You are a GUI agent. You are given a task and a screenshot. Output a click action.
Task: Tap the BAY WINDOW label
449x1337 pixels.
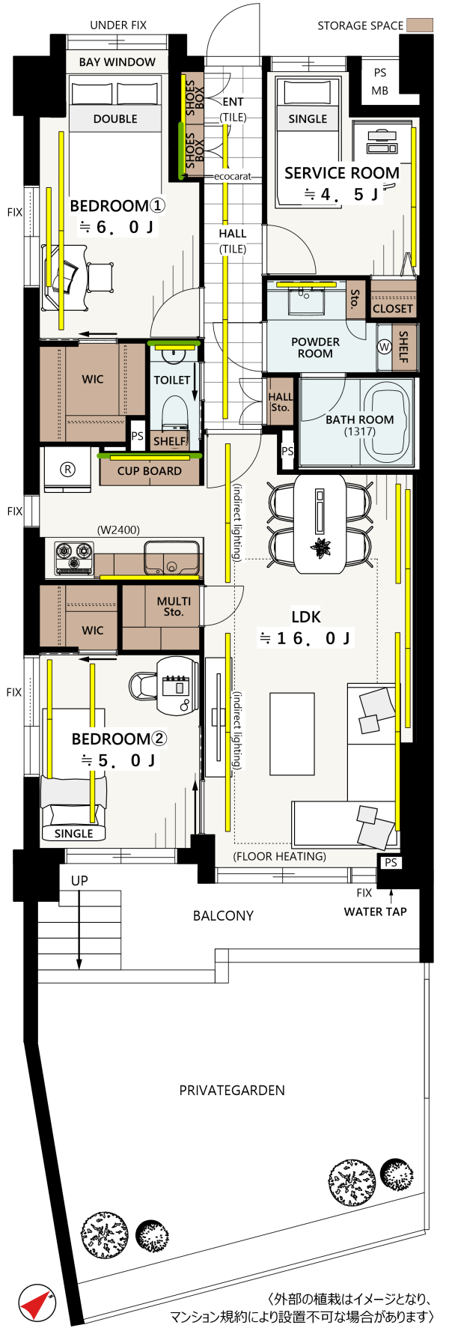pos(117,62)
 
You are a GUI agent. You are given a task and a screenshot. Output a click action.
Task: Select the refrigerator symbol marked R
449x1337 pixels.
pos(67,470)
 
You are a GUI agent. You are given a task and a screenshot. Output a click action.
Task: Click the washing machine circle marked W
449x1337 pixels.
pos(385,347)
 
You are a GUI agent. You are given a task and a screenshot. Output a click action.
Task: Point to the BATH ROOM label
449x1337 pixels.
pos(359,419)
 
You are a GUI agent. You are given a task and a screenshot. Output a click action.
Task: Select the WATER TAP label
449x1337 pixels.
pos(375,912)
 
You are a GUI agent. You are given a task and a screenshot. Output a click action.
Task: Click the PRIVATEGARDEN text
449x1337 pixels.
pos(232,1091)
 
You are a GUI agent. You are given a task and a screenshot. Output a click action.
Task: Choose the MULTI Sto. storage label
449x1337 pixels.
pos(174,606)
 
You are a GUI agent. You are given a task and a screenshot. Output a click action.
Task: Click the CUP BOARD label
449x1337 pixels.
pos(150,471)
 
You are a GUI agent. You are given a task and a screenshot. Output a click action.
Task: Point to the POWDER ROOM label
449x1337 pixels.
pos(315,348)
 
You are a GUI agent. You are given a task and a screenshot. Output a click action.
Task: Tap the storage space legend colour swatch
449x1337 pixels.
pos(420,25)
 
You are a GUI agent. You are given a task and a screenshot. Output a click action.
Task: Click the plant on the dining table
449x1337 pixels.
pos(321,548)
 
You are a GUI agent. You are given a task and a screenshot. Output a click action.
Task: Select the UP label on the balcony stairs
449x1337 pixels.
pos(79,881)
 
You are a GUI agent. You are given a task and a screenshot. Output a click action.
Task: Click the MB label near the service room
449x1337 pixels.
pos(380,91)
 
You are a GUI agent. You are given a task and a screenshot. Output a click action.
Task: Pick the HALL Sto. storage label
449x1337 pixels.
pos(281,402)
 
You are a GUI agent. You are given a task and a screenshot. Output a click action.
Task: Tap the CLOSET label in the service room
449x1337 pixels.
pos(393,309)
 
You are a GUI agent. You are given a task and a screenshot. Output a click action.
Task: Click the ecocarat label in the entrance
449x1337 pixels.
pos(233,177)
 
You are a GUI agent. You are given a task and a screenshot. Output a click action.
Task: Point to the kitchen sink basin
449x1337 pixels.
pos(172,558)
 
